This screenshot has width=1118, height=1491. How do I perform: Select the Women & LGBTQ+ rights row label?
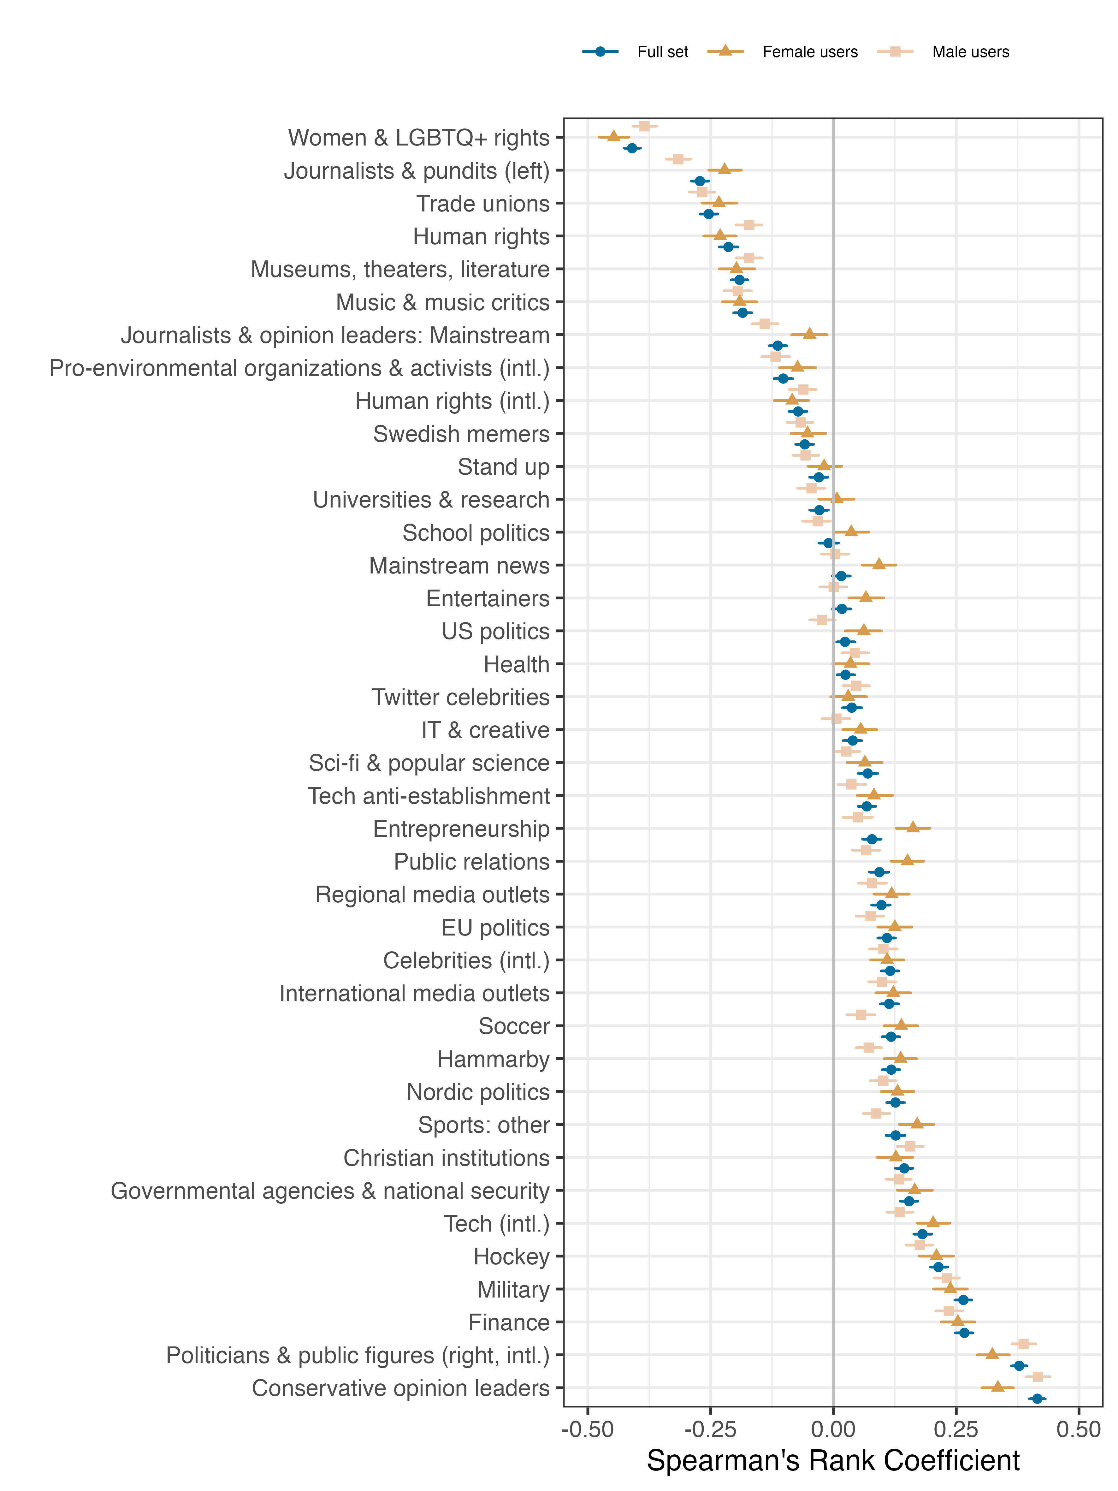[418, 138]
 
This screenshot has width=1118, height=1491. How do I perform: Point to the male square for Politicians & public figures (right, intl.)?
[1023, 1344]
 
